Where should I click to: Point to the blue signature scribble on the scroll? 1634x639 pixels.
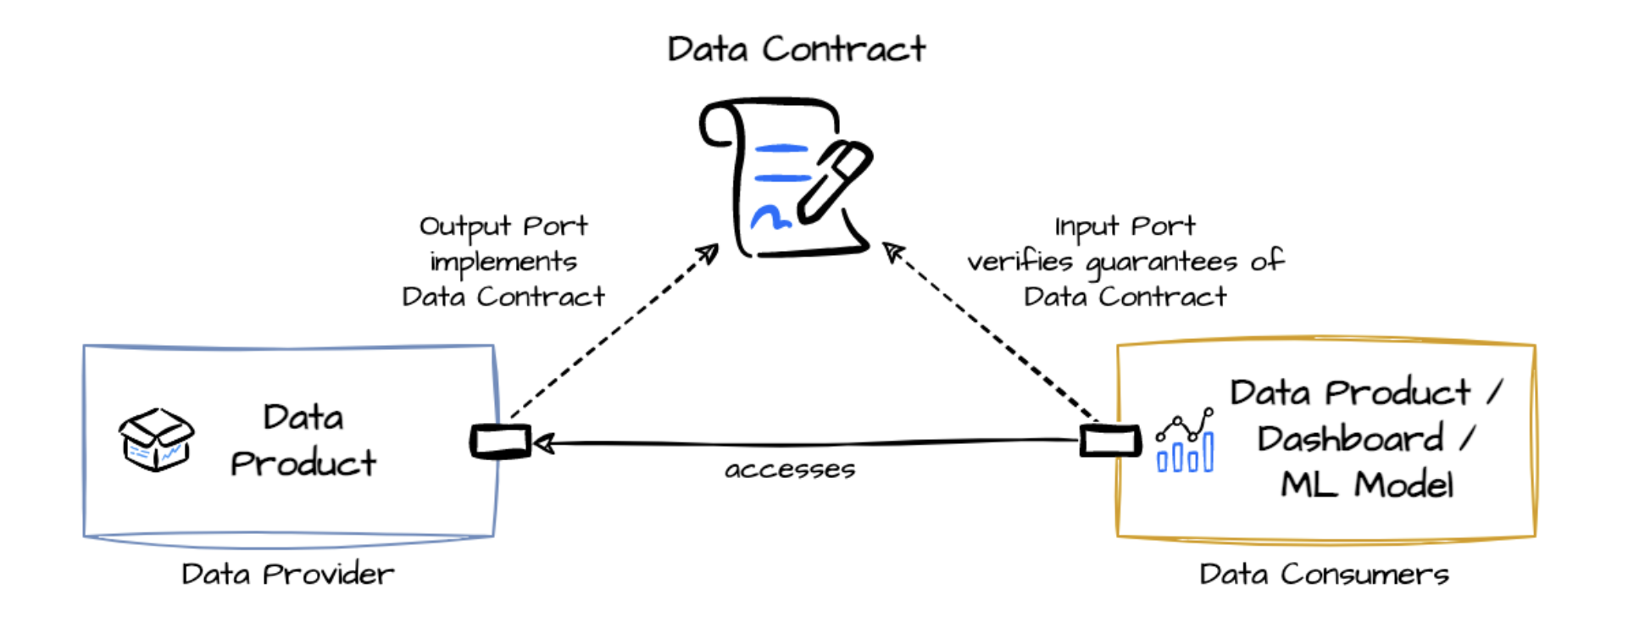point(770,218)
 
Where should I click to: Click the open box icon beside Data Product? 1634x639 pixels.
point(156,439)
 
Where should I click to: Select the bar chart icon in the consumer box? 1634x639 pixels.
point(1185,442)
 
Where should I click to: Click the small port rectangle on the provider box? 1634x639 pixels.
point(500,442)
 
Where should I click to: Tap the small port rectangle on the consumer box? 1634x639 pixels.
point(1109,441)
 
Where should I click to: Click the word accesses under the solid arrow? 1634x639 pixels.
point(789,470)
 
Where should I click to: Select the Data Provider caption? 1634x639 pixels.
point(287,575)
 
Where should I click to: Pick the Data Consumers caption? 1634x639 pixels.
point(1323,575)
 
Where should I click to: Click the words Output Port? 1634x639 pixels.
point(503,226)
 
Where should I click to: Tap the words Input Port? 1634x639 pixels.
point(1124,226)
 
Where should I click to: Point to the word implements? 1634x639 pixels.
point(503,262)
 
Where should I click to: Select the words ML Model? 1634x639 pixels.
point(1366,485)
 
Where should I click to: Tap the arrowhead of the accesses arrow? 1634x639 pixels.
point(543,443)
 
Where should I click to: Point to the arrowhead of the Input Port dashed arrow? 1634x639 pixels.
point(891,251)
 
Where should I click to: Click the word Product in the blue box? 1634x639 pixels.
point(303,464)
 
